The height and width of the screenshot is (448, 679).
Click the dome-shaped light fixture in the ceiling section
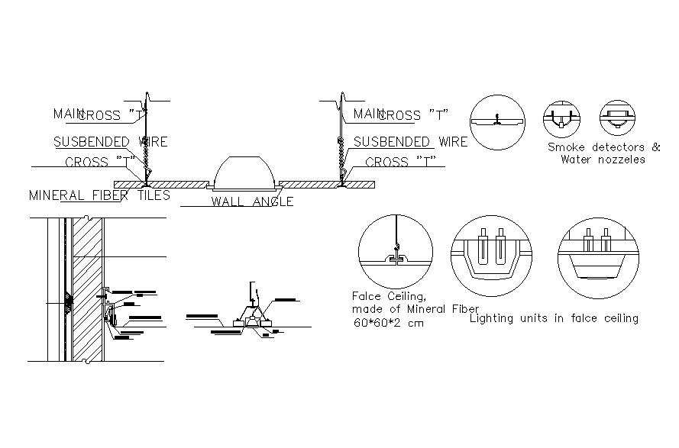point(244,173)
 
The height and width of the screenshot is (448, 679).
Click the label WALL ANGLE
point(252,202)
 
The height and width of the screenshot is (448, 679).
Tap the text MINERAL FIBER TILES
point(99,195)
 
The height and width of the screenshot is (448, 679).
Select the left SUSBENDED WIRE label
point(110,142)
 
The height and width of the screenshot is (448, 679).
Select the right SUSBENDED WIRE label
point(410,142)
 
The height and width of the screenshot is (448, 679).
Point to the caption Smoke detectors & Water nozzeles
point(603,153)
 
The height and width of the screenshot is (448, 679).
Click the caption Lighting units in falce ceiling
point(555,318)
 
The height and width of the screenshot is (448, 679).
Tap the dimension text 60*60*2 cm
point(388,323)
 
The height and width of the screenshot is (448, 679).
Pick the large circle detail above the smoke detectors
point(497,121)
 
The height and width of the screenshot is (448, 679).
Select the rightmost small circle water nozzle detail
point(616,118)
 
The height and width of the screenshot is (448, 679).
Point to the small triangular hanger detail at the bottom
point(251,315)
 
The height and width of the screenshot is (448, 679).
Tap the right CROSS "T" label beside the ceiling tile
point(400,162)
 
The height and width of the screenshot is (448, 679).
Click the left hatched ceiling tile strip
point(160,184)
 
